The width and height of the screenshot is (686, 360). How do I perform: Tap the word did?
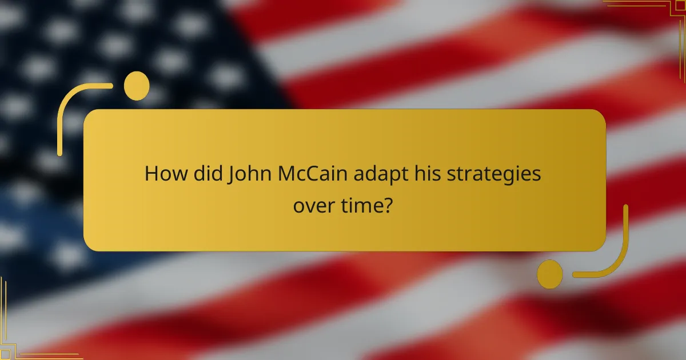205,174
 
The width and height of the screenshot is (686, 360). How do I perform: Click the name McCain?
312,174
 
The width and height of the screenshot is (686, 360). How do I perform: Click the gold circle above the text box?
137,86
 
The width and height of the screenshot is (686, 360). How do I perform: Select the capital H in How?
152,174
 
